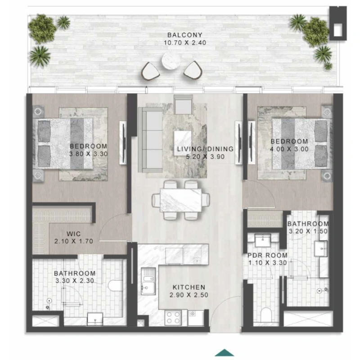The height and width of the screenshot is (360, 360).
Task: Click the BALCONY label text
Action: (185, 35)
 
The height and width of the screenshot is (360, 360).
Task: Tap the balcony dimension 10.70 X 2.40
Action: (185, 43)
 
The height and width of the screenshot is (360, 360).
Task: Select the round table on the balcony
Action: (171, 60)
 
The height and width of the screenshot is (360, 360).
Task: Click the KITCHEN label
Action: (189, 287)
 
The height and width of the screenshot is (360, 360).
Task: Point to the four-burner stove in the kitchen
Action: (173, 318)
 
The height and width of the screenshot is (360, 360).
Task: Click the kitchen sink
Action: (148, 282)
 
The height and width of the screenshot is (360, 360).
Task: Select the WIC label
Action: (73, 234)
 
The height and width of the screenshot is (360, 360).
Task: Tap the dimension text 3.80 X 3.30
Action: (89, 154)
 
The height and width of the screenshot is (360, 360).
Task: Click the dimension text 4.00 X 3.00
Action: (289, 149)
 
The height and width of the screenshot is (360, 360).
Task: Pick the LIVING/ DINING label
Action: (205, 149)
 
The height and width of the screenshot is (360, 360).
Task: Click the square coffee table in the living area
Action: (183, 140)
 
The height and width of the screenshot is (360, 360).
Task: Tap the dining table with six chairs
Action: (181, 200)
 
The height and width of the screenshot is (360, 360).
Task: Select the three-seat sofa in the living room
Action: (151, 139)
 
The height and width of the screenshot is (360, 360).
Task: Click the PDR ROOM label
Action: (267, 255)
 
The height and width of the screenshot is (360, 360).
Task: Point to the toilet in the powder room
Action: (266, 315)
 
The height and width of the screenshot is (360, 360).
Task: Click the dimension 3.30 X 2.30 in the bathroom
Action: (75, 281)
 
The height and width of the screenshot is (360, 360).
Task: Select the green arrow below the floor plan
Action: (225, 352)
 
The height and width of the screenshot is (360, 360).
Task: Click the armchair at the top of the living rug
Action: (183, 104)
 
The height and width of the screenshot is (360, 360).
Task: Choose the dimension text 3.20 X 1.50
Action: (308, 231)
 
